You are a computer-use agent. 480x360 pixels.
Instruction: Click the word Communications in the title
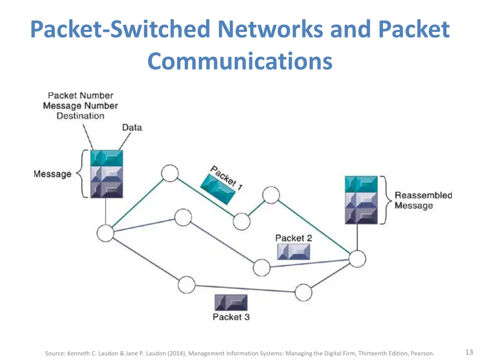(x=240, y=61)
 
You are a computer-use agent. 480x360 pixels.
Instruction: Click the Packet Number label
(x=80, y=96)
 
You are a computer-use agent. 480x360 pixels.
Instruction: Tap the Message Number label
(x=80, y=106)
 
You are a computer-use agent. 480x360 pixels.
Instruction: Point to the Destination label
(x=80, y=116)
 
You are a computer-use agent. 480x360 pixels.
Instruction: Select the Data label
(x=132, y=127)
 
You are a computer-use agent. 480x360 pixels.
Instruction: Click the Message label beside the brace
(x=52, y=174)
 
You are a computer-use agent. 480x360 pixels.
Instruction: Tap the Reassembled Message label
(x=423, y=200)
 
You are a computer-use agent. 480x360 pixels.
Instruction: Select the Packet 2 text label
(x=293, y=238)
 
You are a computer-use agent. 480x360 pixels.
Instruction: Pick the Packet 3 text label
(x=231, y=317)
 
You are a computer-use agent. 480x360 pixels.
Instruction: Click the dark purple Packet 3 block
(x=231, y=302)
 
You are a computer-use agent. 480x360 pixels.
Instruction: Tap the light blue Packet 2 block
(x=293, y=252)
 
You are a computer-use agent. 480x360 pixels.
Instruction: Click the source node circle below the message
(x=105, y=232)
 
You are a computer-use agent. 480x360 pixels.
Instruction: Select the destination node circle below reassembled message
(x=357, y=258)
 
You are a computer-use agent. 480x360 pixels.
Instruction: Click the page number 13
(x=469, y=352)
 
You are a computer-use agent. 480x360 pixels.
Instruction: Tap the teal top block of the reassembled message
(x=361, y=184)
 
